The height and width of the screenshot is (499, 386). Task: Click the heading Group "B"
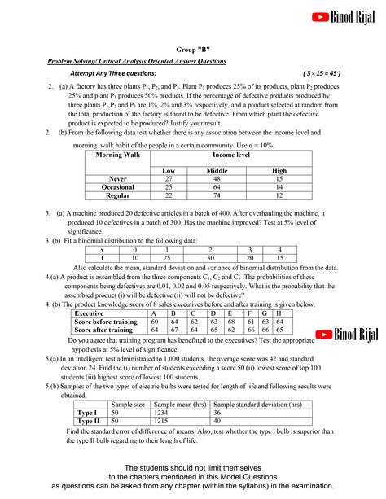tap(193, 50)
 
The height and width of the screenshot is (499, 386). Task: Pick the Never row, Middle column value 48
tap(217, 177)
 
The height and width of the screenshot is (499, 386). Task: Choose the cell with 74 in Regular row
tap(217, 195)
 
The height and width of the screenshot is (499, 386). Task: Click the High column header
tap(279, 169)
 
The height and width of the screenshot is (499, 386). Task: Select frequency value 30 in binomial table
tap(209, 257)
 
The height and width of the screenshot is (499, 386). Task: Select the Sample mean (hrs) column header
tap(181, 404)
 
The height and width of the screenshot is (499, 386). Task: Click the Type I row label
tap(86, 413)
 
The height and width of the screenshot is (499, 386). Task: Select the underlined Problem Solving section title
tap(136, 61)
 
